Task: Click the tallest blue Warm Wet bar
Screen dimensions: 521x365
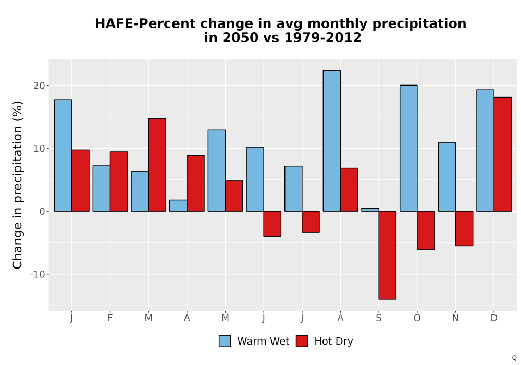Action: pyautogui.click(x=331, y=141)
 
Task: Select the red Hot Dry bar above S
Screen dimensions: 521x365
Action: pyautogui.click(x=388, y=255)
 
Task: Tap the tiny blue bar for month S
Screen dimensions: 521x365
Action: pyautogui.click(x=370, y=210)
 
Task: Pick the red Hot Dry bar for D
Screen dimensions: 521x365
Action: pyautogui.click(x=502, y=154)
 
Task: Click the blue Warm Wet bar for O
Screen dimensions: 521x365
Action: pyautogui.click(x=408, y=148)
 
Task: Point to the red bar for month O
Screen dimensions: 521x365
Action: pyautogui.click(x=426, y=230)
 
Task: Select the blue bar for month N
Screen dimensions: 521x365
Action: pyautogui.click(x=447, y=177)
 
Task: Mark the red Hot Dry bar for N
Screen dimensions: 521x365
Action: pyautogui.click(x=464, y=228)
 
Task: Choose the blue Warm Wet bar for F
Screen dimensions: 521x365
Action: pyautogui.click(x=102, y=188)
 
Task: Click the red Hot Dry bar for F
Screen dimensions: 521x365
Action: pyautogui.click(x=119, y=181)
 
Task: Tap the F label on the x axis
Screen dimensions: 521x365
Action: pyautogui.click(x=110, y=318)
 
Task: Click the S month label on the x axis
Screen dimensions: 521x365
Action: pyautogui.click(x=379, y=318)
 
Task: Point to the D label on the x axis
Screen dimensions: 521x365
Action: pyautogui.click(x=494, y=318)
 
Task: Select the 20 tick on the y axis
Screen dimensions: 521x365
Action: pyautogui.click(x=39, y=86)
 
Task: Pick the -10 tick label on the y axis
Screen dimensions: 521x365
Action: pyautogui.click(x=37, y=274)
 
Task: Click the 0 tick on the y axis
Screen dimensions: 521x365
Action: pyautogui.click(x=42, y=211)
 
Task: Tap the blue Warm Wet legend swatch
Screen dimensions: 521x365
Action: pyautogui.click(x=225, y=341)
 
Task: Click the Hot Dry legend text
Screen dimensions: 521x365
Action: pyautogui.click(x=333, y=342)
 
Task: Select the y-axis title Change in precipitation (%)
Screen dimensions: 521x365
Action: pyautogui.click(x=17, y=185)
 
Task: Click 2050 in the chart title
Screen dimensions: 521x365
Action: pyautogui.click(x=240, y=38)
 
